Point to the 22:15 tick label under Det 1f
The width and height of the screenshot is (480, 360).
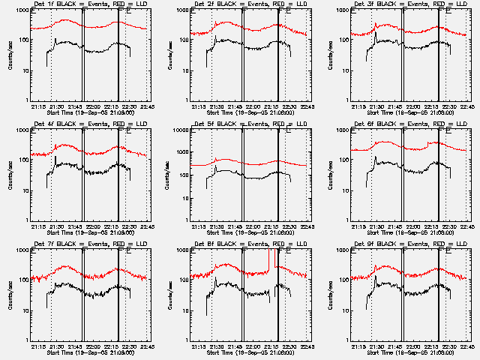click(111, 106)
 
